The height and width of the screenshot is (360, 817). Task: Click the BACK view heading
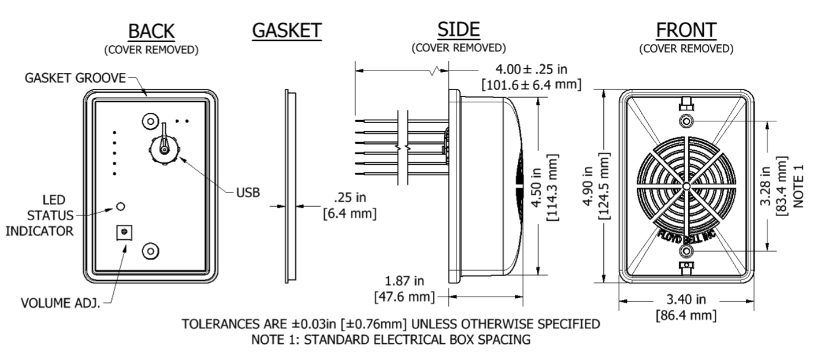151,31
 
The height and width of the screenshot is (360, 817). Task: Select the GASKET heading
287,31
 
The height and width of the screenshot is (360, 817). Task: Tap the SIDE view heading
458,28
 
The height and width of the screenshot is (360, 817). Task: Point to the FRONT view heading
686,29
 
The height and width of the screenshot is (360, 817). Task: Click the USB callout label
248,192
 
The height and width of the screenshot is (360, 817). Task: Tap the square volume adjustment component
123,232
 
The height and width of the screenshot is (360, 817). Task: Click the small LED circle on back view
121,206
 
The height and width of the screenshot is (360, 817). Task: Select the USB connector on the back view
164,149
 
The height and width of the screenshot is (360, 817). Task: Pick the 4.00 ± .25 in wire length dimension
532,69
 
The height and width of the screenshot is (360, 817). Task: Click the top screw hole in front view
686,121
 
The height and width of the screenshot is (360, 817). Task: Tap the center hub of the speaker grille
685,186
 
